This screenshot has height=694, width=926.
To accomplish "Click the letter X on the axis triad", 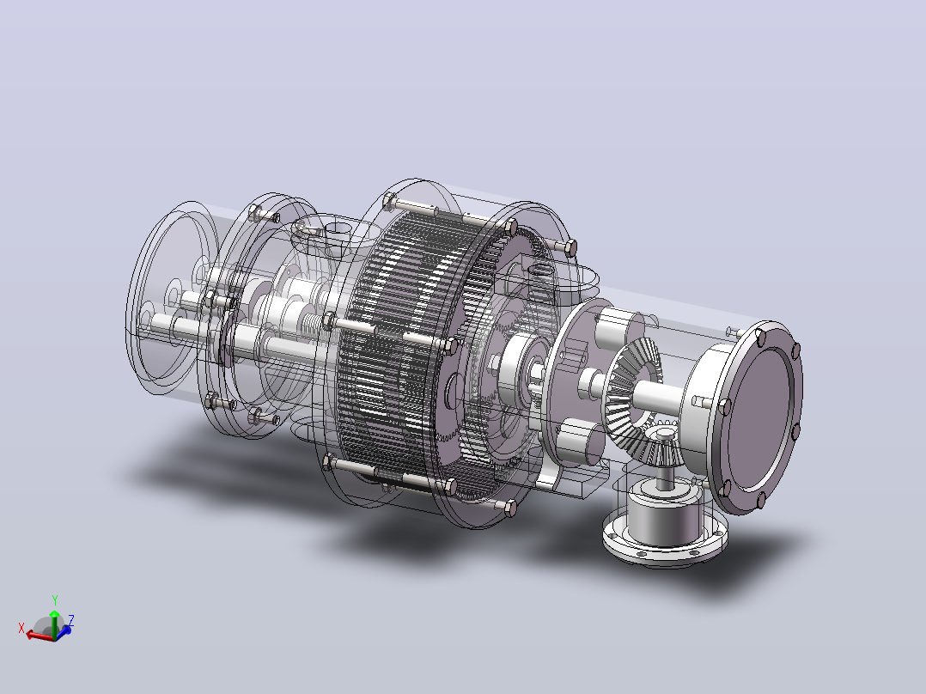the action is (21, 629).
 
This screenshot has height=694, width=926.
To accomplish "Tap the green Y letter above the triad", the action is (55, 600).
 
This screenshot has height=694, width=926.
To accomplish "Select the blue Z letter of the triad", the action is (70, 620).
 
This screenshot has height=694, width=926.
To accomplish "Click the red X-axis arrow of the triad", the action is (39, 635).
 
